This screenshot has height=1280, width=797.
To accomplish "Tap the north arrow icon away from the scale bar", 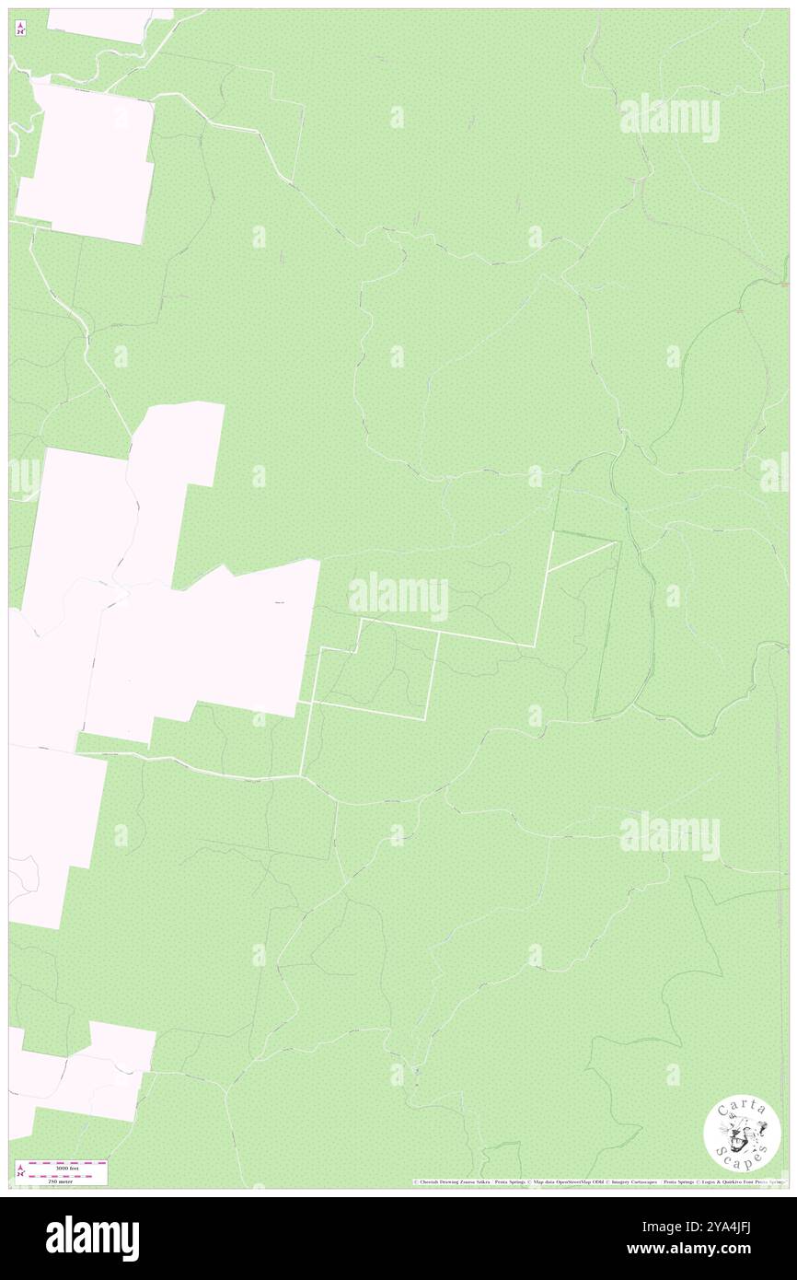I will [x=20, y=29].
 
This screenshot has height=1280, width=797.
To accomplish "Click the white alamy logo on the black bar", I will [x=92, y=1238].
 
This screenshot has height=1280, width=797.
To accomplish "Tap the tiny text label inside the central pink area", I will [x=281, y=603].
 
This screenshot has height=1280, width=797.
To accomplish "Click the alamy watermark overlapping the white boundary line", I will [x=398, y=597].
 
